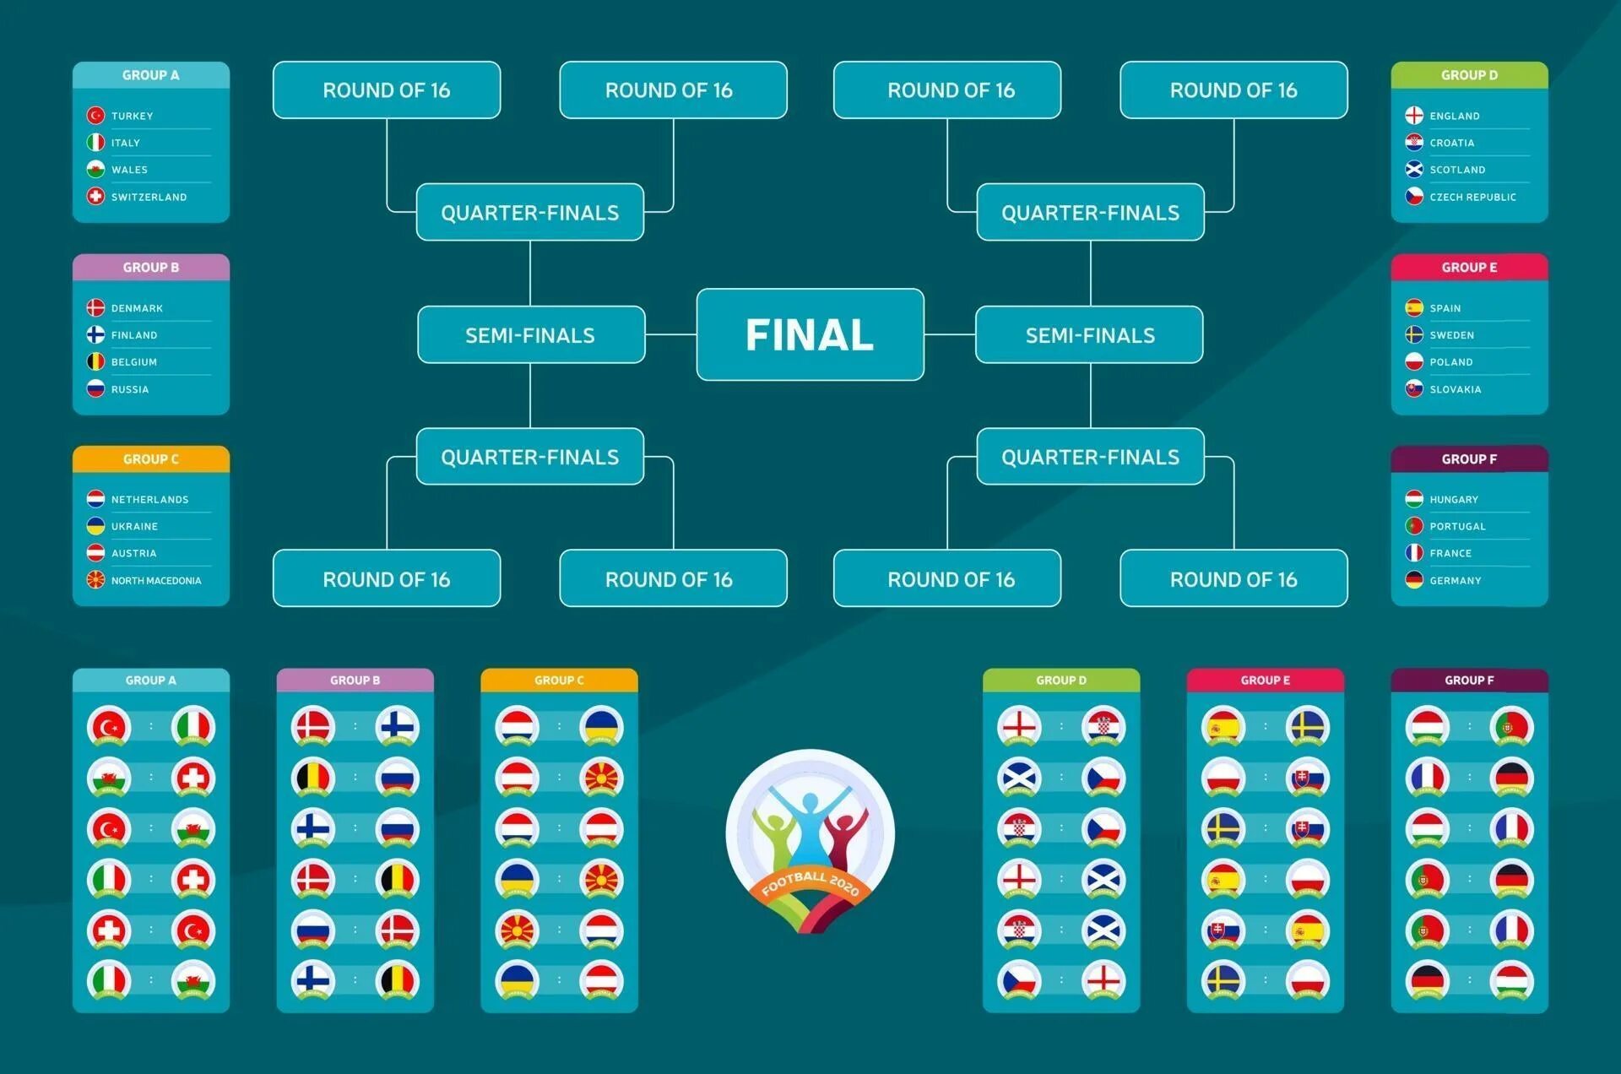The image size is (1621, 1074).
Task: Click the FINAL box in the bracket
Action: [810, 334]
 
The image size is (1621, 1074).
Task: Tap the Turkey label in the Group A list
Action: [133, 116]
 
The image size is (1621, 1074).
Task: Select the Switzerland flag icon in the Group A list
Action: [96, 197]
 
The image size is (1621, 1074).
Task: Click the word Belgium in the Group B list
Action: [134, 362]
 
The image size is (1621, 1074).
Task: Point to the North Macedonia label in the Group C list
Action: [156, 581]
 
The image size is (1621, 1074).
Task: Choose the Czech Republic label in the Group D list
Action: [1472, 198]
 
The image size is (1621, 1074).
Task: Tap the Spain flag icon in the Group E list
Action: [1414, 308]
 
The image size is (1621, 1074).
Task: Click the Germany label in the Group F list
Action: [1455, 581]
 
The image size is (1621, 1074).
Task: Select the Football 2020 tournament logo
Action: [810, 840]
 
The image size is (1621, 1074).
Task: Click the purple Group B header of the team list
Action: [151, 268]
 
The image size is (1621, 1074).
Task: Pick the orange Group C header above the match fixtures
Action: [559, 681]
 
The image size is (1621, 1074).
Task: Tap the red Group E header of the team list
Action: [1469, 268]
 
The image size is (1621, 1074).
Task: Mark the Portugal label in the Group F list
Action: [1457, 527]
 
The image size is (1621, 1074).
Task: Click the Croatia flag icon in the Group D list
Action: [1414, 143]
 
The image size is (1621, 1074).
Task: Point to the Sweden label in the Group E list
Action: [1451, 335]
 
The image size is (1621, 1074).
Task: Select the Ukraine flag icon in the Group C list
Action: [96, 526]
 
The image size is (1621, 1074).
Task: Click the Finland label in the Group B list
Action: [134, 335]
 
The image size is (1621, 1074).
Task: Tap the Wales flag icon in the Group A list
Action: [96, 170]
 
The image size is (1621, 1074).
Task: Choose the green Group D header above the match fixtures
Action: [1061, 681]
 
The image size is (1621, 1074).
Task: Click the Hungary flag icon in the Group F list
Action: [1414, 500]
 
